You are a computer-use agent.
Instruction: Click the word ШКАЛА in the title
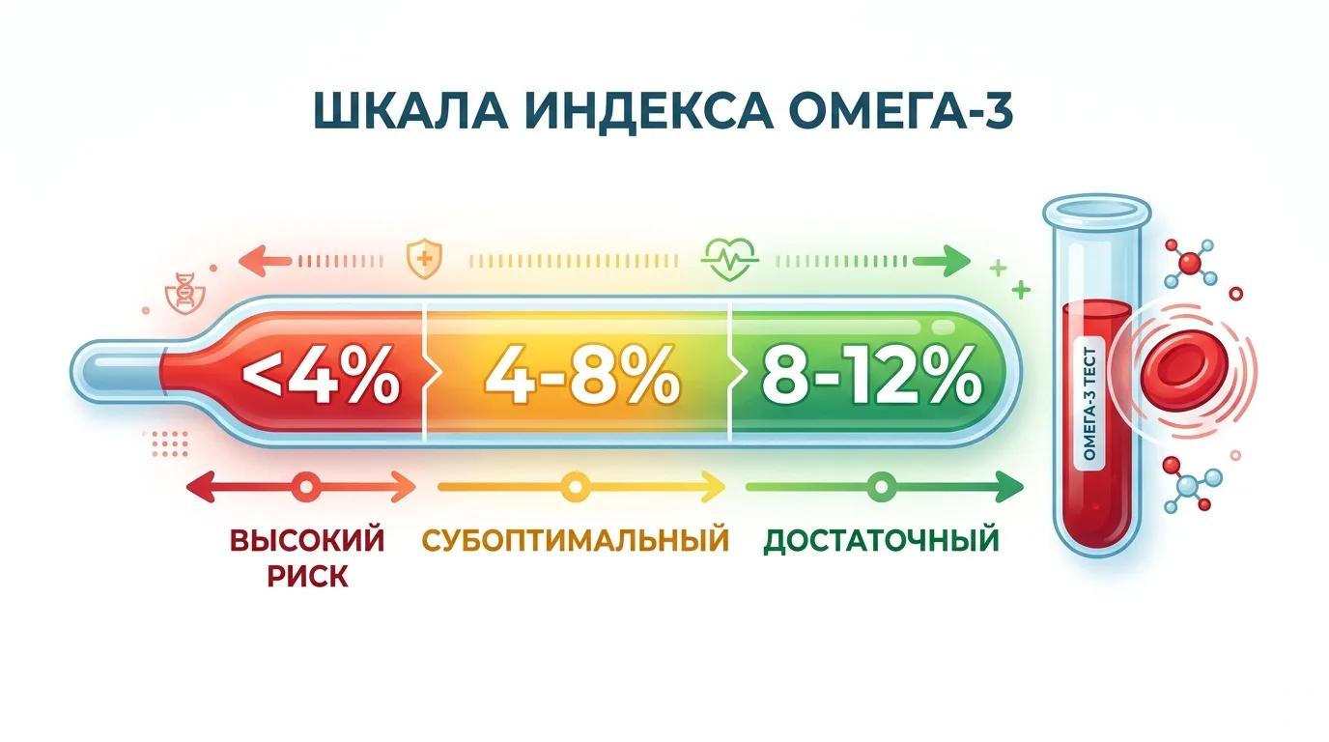(410, 111)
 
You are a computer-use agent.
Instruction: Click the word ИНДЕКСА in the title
(649, 111)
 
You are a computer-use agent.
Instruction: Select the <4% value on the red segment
(321, 376)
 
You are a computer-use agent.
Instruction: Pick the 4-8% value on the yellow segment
(582, 376)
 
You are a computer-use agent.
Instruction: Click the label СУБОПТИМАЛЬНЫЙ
(575, 540)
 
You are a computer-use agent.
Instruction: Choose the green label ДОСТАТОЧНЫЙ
(881, 541)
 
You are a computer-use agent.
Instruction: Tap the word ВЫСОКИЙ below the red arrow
(307, 540)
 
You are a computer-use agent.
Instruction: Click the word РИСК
(307, 576)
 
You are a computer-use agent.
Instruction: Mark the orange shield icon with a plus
(424, 259)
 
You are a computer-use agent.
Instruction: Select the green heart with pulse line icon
(729, 258)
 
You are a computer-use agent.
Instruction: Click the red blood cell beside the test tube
(1185, 371)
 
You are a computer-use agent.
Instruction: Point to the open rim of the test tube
(1097, 209)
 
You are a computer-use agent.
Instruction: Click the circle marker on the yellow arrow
(575, 487)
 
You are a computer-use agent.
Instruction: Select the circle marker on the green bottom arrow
(882, 487)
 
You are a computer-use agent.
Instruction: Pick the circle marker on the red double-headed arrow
(306, 487)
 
